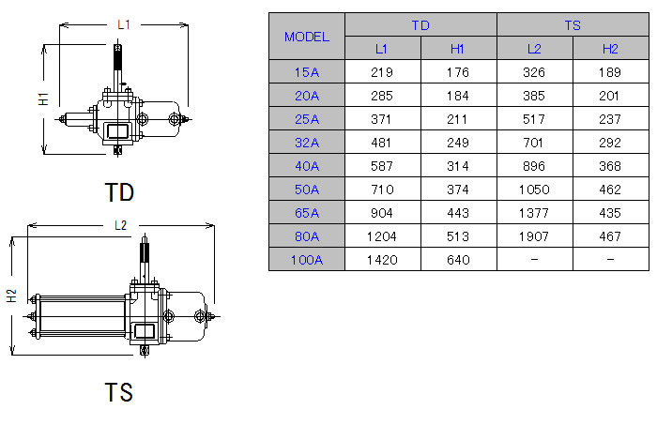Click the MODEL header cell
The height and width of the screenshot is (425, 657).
click(307, 37)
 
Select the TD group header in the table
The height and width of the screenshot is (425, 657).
click(420, 25)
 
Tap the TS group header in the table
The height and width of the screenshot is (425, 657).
click(573, 25)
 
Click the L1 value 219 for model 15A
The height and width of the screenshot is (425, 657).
click(382, 71)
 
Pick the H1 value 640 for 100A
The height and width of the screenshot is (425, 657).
click(458, 259)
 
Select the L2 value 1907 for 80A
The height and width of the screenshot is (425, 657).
click(534, 235)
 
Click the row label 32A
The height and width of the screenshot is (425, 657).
click(307, 142)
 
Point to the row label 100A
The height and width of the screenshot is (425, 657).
click(307, 259)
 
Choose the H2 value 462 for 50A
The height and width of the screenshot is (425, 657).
click(610, 189)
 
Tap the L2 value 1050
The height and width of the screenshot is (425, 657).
click(534, 189)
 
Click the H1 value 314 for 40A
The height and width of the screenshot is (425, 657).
click(458, 165)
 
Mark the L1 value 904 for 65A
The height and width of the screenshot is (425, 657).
click(382, 212)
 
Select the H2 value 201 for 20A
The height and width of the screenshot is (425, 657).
click(610, 95)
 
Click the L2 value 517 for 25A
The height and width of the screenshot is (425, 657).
click(534, 118)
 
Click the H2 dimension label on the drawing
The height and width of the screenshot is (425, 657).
click(12, 296)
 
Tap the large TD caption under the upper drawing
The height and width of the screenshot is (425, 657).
click(119, 193)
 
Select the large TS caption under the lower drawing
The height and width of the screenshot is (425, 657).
click(119, 392)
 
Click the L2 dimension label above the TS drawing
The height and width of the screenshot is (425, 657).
click(120, 225)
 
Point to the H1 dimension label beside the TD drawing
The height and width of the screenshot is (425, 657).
click(43, 99)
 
